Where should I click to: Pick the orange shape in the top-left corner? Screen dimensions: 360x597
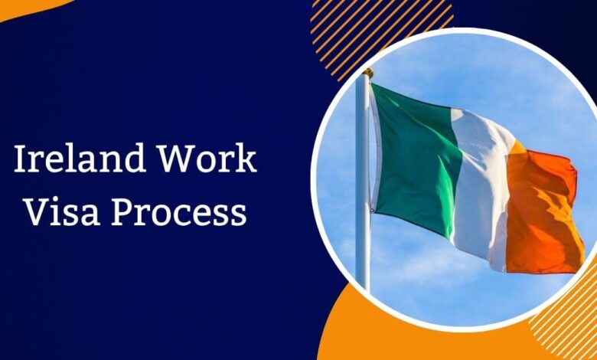click(x=31, y=6)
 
